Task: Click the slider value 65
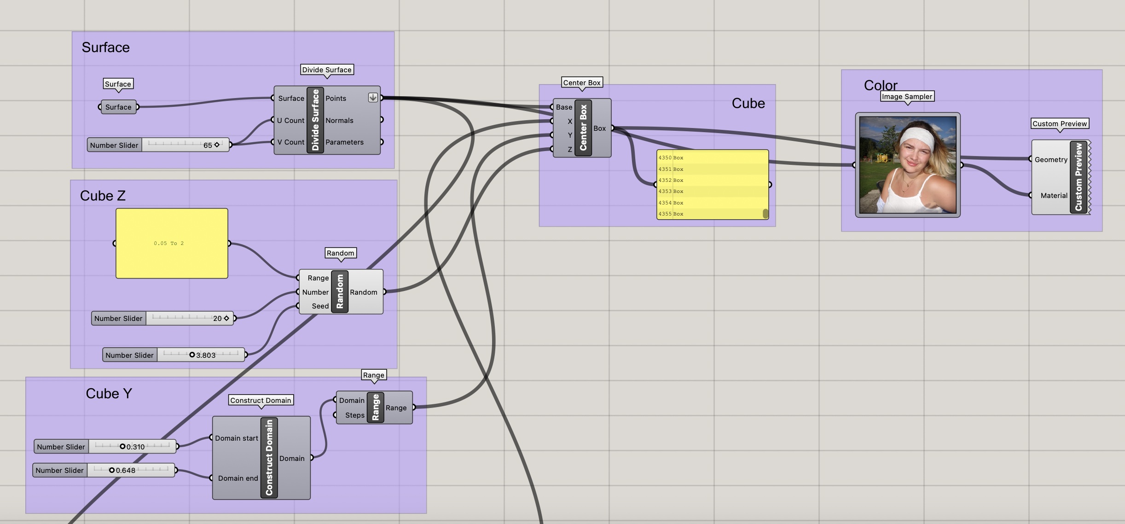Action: (x=208, y=145)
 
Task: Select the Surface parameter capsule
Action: (x=118, y=107)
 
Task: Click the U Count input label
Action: (x=290, y=121)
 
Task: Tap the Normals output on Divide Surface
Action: (x=339, y=121)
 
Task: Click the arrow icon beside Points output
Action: (x=373, y=98)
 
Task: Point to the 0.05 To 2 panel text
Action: (x=168, y=243)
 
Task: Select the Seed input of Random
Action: (x=320, y=306)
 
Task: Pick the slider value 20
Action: (x=217, y=318)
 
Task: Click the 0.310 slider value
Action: (x=135, y=447)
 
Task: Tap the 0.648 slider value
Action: (x=126, y=470)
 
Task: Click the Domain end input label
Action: (x=238, y=478)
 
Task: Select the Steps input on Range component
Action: (x=354, y=415)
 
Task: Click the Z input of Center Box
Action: (x=569, y=149)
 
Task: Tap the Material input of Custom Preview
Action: (x=1054, y=196)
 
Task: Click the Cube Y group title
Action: (x=109, y=394)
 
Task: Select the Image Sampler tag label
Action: (x=907, y=97)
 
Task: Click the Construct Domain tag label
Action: (x=261, y=401)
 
